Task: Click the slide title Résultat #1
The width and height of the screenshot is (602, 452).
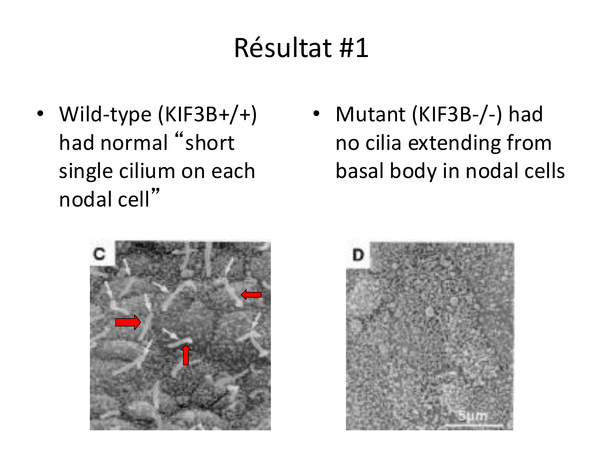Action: (301, 48)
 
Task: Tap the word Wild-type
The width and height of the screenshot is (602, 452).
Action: (105, 115)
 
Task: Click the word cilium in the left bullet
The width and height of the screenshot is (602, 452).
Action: (147, 171)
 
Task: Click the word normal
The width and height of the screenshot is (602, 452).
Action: (134, 143)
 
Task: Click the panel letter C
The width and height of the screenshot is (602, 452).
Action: (99, 254)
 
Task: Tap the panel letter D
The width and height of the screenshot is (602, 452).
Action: (358, 255)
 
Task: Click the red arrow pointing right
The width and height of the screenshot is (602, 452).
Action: (128, 322)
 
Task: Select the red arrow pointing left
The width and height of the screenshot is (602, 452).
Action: (251, 295)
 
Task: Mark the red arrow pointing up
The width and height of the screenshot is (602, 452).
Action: (186, 355)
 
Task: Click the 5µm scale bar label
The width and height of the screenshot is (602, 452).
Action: (473, 416)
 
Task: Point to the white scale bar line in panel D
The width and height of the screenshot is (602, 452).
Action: (474, 426)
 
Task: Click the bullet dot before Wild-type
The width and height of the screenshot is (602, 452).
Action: (40, 114)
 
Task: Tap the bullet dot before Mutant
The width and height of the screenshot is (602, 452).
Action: (317, 114)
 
